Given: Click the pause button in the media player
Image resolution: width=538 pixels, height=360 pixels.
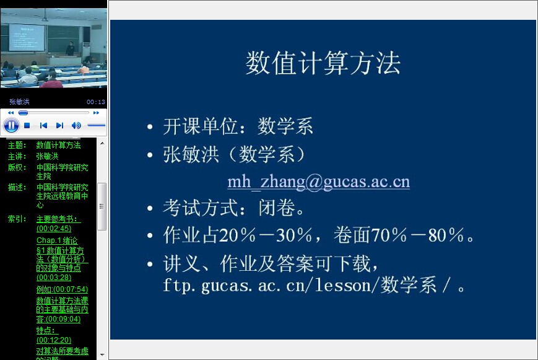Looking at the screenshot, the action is click(11, 125).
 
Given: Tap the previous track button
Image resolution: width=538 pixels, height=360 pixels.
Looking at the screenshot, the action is click(43, 126).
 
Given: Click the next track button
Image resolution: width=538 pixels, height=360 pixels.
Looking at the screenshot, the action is click(59, 126).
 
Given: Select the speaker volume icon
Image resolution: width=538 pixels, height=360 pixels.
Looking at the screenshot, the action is click(76, 126).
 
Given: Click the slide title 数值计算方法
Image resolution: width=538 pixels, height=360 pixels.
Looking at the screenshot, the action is click(323, 63).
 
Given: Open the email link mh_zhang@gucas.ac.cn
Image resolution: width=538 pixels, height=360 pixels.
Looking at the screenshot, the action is click(318, 182).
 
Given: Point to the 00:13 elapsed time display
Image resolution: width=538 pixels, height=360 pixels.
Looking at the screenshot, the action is click(96, 102).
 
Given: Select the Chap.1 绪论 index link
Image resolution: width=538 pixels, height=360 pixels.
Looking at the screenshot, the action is click(57, 240).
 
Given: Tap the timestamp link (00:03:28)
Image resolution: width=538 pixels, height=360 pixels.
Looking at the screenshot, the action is click(54, 277).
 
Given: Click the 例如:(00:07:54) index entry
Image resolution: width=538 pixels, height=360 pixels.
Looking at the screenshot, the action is click(62, 289).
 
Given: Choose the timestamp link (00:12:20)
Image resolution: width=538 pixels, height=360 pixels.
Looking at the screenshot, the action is click(54, 340).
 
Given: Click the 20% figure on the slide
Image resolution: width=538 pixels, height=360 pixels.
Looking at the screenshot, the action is click(237, 235).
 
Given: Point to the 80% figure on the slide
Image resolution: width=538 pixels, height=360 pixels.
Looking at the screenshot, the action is click(446, 235).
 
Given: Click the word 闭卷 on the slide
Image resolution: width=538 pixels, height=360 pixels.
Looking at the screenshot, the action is click(277, 208).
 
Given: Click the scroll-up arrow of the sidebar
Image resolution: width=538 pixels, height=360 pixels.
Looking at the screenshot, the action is click(102, 143).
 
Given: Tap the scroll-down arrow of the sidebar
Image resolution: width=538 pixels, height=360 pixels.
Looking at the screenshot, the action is click(102, 355).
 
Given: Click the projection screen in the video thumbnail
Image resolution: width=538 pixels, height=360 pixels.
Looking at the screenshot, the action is click(27, 37).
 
